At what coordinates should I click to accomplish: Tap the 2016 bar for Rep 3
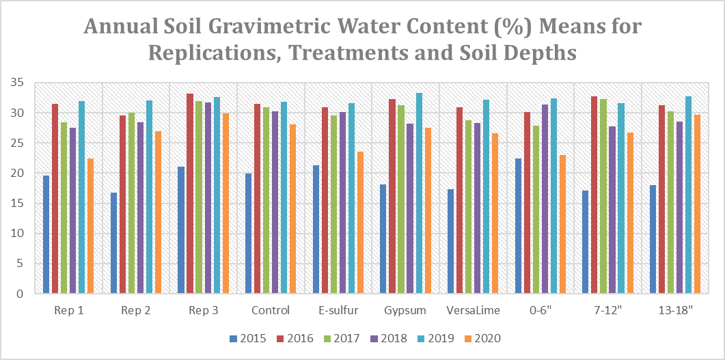[x=191, y=193]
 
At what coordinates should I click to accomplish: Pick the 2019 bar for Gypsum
[x=419, y=193]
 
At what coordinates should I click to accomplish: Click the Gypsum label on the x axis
[x=406, y=310]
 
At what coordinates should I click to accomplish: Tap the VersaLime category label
[x=473, y=310]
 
